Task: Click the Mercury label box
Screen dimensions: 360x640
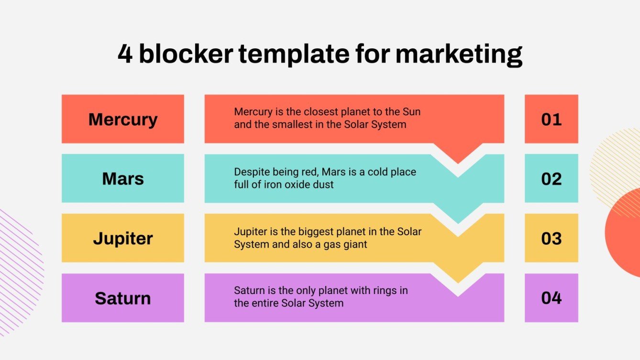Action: coord(122,119)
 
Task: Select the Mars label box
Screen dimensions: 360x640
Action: coord(122,179)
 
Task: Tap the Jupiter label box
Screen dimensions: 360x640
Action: coord(122,238)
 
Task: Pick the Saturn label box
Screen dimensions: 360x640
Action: coord(122,298)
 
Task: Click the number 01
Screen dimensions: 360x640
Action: coord(551,119)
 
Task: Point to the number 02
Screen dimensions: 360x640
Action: coord(551,179)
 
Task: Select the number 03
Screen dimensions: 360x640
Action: coord(551,238)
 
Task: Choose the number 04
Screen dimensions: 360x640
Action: coord(551,298)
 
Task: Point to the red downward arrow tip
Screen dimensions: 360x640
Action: coord(458,158)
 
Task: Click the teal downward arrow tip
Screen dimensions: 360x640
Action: coord(458,218)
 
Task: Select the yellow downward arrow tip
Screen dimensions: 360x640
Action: coord(458,277)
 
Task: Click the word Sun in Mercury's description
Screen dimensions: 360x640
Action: coord(411,112)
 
